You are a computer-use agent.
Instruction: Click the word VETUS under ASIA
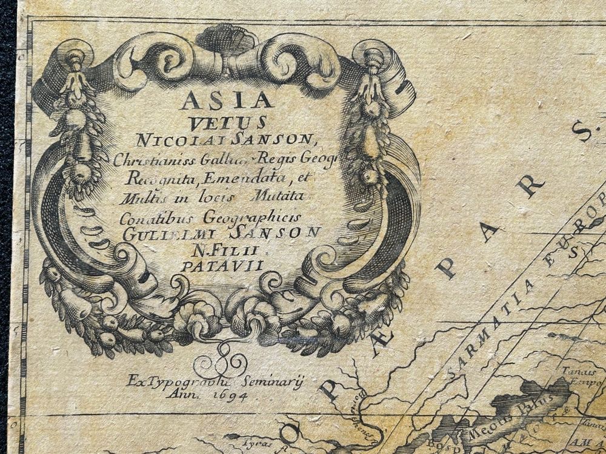point(227,123)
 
